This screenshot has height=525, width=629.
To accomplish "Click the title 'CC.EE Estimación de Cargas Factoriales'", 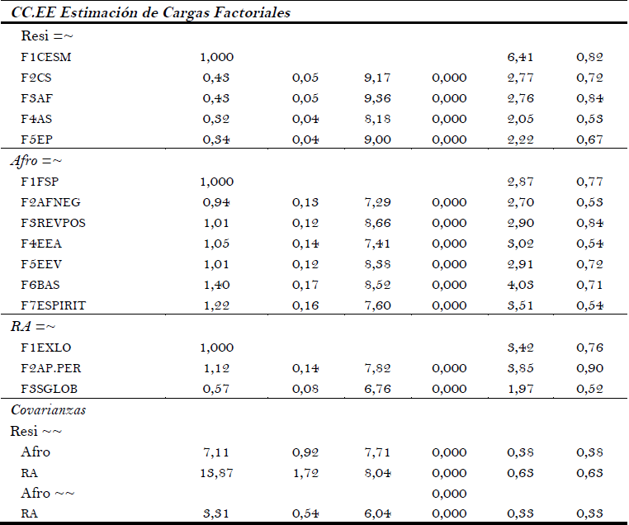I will click(150, 13).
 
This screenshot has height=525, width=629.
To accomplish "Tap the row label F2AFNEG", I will click(50, 202).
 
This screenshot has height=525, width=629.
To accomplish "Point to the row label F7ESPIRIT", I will click(53, 305).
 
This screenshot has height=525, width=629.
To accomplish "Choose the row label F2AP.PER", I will click(51, 367).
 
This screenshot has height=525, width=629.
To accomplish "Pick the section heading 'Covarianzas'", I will click(49, 409).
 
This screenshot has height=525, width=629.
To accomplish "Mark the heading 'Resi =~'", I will click(48, 36).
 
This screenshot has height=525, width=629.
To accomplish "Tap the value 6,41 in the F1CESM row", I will click(520, 57).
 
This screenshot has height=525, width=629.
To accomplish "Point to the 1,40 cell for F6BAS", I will click(216, 285).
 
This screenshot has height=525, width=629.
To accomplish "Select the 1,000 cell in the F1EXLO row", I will click(216, 347).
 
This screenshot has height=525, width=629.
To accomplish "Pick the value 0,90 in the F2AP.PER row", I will click(589, 367).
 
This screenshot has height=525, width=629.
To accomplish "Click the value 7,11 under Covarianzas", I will click(216, 452).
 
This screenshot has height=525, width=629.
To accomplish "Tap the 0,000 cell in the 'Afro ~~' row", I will click(449, 493).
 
